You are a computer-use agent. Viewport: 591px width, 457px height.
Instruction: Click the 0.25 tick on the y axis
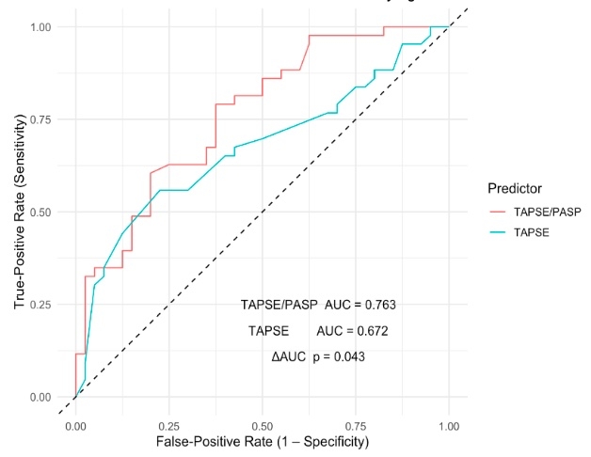[x=40, y=305]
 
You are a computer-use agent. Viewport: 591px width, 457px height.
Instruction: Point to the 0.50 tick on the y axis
[x=40, y=212]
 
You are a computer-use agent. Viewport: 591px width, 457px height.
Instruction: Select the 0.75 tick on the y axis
[x=40, y=119]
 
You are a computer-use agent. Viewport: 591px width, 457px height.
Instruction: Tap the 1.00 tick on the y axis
[x=40, y=26]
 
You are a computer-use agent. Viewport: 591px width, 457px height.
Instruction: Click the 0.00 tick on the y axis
[x=40, y=397]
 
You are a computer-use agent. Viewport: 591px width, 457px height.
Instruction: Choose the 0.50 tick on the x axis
[x=262, y=425]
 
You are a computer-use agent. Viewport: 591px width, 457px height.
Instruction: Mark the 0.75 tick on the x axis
[x=355, y=425]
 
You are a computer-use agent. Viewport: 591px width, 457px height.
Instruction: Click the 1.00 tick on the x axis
[x=448, y=425]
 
